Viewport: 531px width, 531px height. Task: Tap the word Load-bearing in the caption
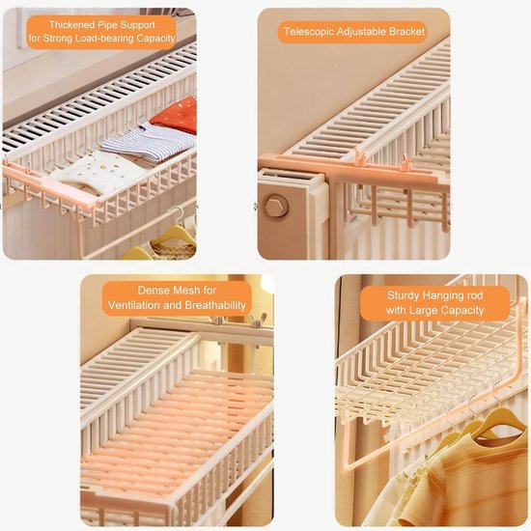pos(98,40)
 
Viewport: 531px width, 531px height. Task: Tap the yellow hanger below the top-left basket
pos(159,241)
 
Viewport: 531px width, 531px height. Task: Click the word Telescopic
pos(308,32)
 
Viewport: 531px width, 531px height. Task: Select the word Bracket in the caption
pos(403,32)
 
